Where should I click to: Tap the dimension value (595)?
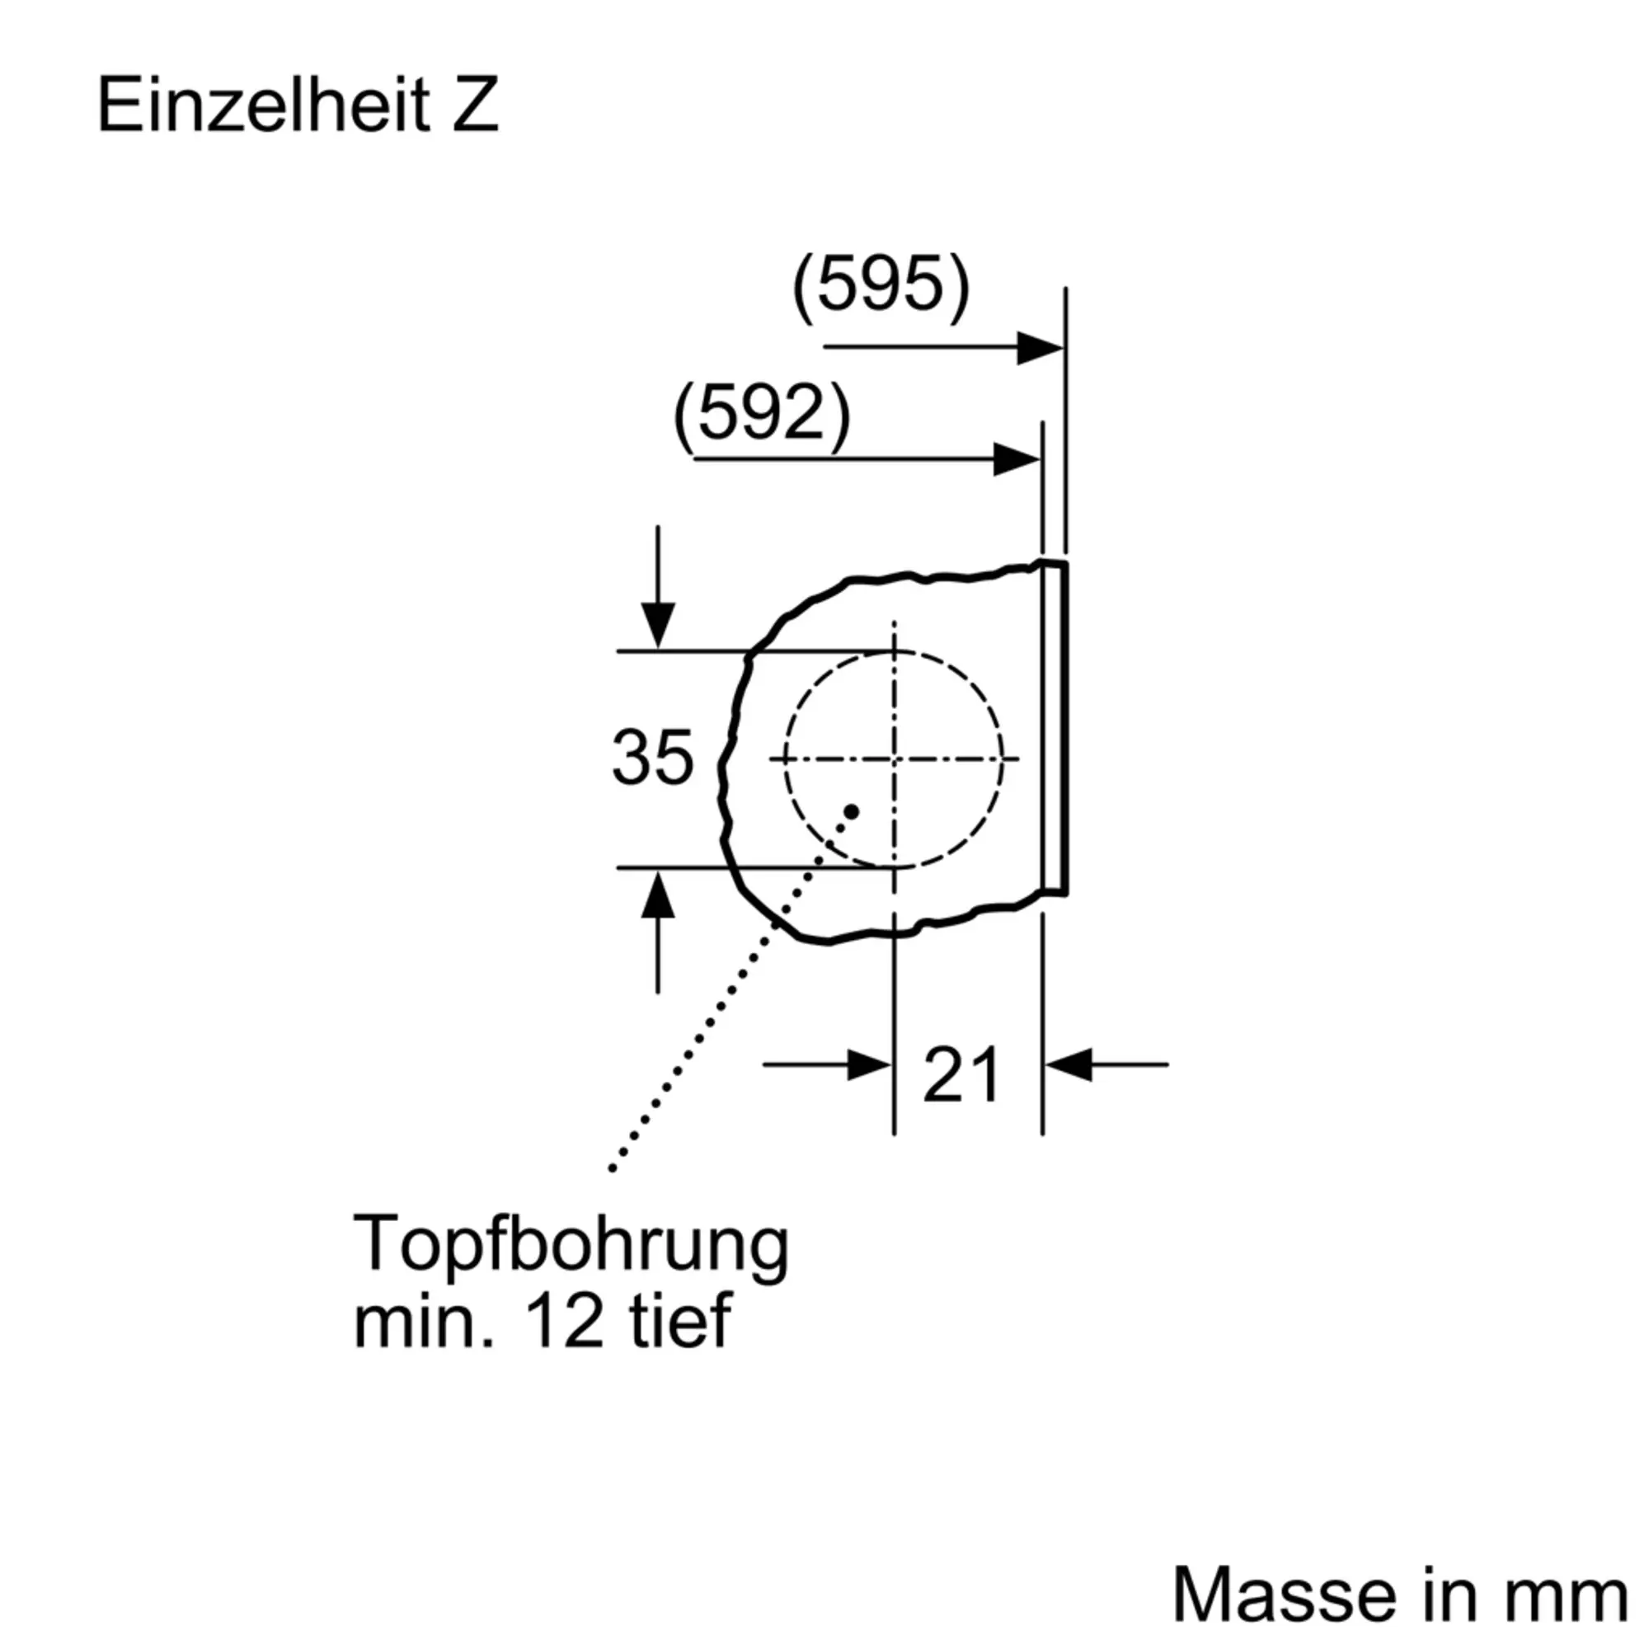(881, 286)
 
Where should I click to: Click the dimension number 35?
(652, 757)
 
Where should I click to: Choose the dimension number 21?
(961, 1075)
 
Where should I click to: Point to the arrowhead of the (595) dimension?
(1041, 347)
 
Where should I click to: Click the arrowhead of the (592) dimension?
(1017, 460)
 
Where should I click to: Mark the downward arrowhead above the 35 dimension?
(657, 626)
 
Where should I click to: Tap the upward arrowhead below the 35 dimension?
(657, 894)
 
